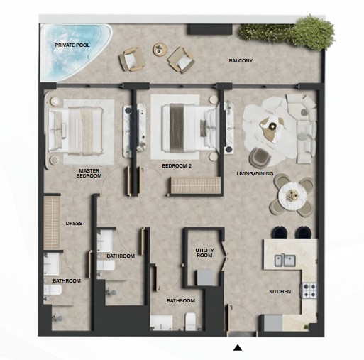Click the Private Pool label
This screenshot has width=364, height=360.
tap(72, 45)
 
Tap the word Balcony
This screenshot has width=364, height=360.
tap(241, 60)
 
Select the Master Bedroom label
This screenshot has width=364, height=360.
tap(89, 173)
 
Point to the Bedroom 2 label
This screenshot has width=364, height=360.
tap(177, 166)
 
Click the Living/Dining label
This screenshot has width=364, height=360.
tap(255, 173)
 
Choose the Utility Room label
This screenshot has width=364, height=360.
tap(204, 253)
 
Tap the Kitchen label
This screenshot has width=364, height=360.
tap(280, 291)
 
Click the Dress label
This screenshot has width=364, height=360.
tap(74, 223)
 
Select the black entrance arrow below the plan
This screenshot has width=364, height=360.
tap(238, 348)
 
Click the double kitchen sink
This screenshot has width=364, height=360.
tap(285, 260)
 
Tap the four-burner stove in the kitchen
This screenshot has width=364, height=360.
tap(309, 290)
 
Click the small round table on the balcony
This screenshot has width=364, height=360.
tap(160, 49)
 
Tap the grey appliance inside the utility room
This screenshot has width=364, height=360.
tap(206, 278)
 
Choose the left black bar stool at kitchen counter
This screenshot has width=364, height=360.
tap(280, 232)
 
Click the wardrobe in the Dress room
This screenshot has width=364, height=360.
tap(52, 223)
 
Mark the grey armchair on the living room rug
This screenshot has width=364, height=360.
tap(260, 157)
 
